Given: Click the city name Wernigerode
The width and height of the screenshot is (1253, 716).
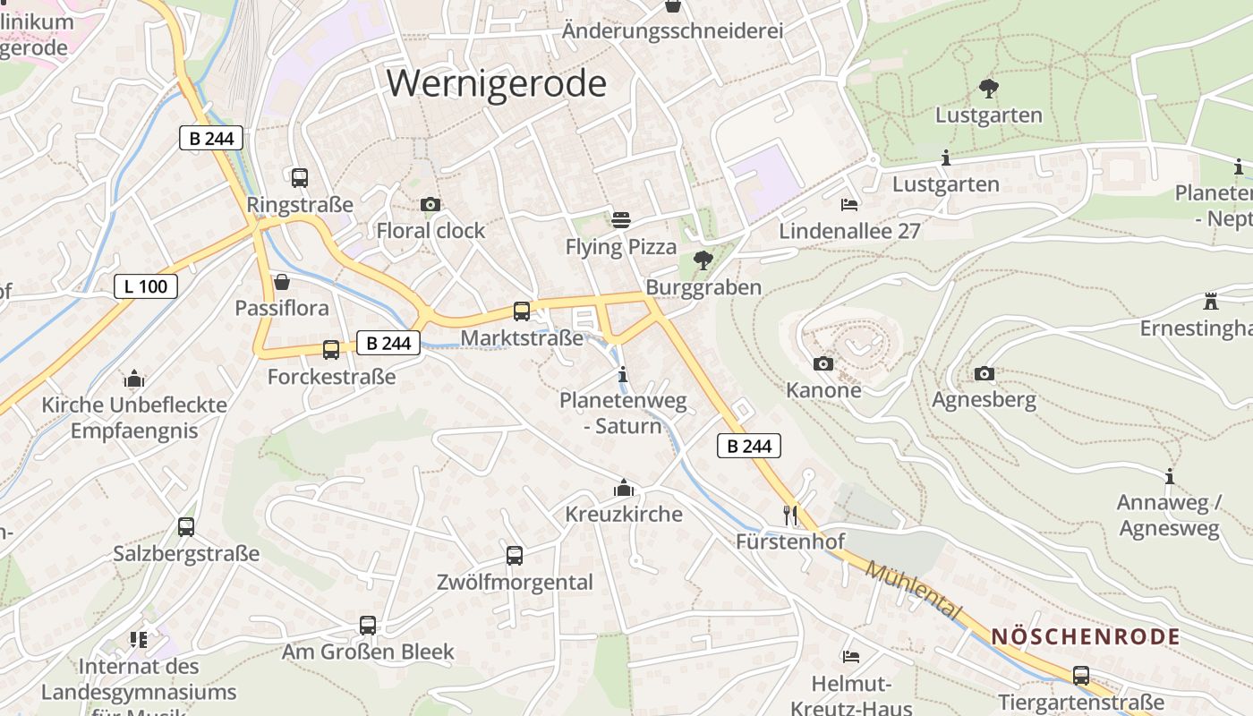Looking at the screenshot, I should (x=497, y=83).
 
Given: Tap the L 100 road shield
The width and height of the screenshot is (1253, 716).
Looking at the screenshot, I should (x=146, y=286).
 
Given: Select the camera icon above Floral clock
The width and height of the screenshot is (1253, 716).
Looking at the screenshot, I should (x=430, y=204).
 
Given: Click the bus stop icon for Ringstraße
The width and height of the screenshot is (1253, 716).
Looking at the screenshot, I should (x=300, y=177).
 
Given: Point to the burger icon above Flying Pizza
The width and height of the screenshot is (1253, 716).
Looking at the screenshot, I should (x=621, y=219).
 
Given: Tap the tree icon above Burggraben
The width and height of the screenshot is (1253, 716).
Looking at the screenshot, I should (x=703, y=260).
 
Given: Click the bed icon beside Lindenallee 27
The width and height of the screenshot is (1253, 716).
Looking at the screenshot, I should (x=849, y=205).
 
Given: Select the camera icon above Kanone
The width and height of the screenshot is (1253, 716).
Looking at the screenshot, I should (x=823, y=363).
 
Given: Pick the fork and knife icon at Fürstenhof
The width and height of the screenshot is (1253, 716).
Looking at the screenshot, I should (x=789, y=515).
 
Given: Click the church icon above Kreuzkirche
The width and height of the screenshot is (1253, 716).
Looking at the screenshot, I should (x=624, y=488).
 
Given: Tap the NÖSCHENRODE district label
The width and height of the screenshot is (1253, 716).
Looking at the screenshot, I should (x=1085, y=637).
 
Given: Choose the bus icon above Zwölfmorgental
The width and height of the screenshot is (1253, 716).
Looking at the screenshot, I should (x=515, y=555).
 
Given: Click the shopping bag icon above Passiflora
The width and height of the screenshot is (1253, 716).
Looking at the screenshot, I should (x=282, y=282).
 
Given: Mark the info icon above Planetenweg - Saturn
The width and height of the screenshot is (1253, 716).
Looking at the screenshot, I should (x=624, y=374).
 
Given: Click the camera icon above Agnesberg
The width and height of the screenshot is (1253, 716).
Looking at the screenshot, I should (x=984, y=373).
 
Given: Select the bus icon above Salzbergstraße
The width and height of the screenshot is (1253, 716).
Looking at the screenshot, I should (x=186, y=526).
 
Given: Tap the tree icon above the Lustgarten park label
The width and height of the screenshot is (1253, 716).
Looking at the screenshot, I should (x=989, y=89).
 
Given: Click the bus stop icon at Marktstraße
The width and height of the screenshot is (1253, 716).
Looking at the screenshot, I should (x=522, y=311).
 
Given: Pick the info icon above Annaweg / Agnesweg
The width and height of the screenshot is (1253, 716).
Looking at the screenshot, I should (x=1169, y=476).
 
